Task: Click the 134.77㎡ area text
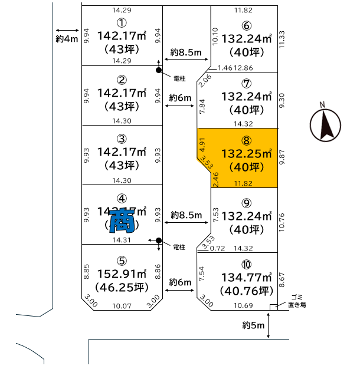tap(246, 277)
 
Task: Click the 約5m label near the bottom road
tap(253, 325)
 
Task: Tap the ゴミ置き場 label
tap(297, 301)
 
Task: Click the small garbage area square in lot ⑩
tap(273, 307)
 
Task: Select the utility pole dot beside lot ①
tap(158, 71)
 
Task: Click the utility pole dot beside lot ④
tap(158, 240)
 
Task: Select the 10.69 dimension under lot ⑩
tap(244, 305)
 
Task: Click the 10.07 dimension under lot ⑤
tap(123, 305)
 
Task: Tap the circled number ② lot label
tap(122, 80)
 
